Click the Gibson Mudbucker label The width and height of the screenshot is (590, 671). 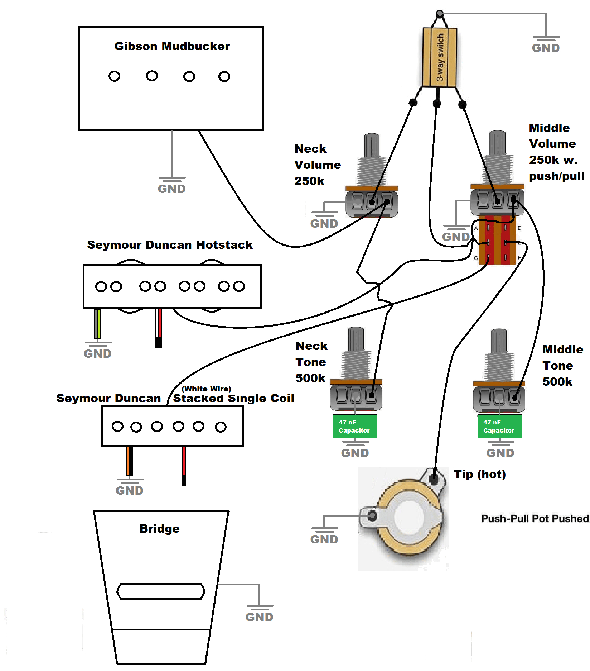tap(172, 46)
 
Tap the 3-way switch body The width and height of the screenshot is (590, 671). tap(439, 57)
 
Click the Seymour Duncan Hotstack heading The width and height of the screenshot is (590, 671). tap(170, 245)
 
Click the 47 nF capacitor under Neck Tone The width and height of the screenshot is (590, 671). tap(354, 426)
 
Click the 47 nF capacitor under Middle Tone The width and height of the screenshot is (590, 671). tap(499, 426)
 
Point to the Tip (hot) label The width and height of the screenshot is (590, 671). tap(480, 474)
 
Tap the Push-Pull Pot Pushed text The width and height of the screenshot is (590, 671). tap(535, 519)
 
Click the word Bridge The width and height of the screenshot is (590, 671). tap(159, 529)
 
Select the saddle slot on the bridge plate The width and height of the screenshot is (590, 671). tap(161, 591)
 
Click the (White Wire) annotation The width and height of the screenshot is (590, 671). tap(207, 389)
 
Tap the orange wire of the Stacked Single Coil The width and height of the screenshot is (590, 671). tap(127, 461)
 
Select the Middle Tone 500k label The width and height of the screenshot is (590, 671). tap(562, 366)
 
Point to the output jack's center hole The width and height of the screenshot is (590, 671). tap(409, 517)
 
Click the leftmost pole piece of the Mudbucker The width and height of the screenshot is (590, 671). tap(114, 76)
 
